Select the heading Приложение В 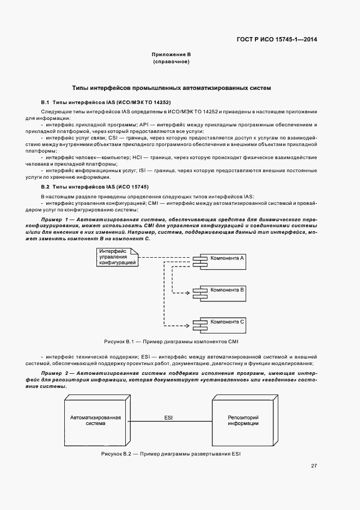pos(171,55)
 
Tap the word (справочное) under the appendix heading pos(171,63)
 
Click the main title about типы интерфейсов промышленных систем pos(172,87)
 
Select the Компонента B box pos(222,291)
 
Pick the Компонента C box pos(222,322)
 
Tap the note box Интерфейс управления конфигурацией pos(117,257)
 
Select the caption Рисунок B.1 pos(172,341)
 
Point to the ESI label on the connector pos(169,417)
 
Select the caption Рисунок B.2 pos(170,454)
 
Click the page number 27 pos(314,466)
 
